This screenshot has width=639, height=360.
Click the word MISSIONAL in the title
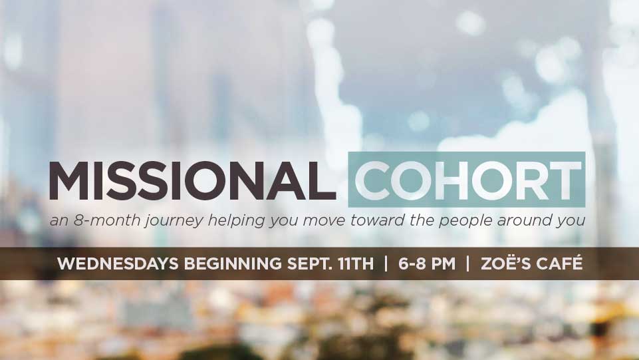coord(192,180)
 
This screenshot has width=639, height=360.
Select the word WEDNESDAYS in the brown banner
coord(118,264)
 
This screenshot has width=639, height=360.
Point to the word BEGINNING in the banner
coord(233,264)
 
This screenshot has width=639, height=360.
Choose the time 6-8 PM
coord(427,264)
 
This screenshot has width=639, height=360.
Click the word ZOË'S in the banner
coord(505,263)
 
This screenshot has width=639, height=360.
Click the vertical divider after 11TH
coord(386,264)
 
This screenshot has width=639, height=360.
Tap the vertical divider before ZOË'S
coord(468,264)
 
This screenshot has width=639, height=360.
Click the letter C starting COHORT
coord(372,180)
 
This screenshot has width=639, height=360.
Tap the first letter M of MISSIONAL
coord(68,180)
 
